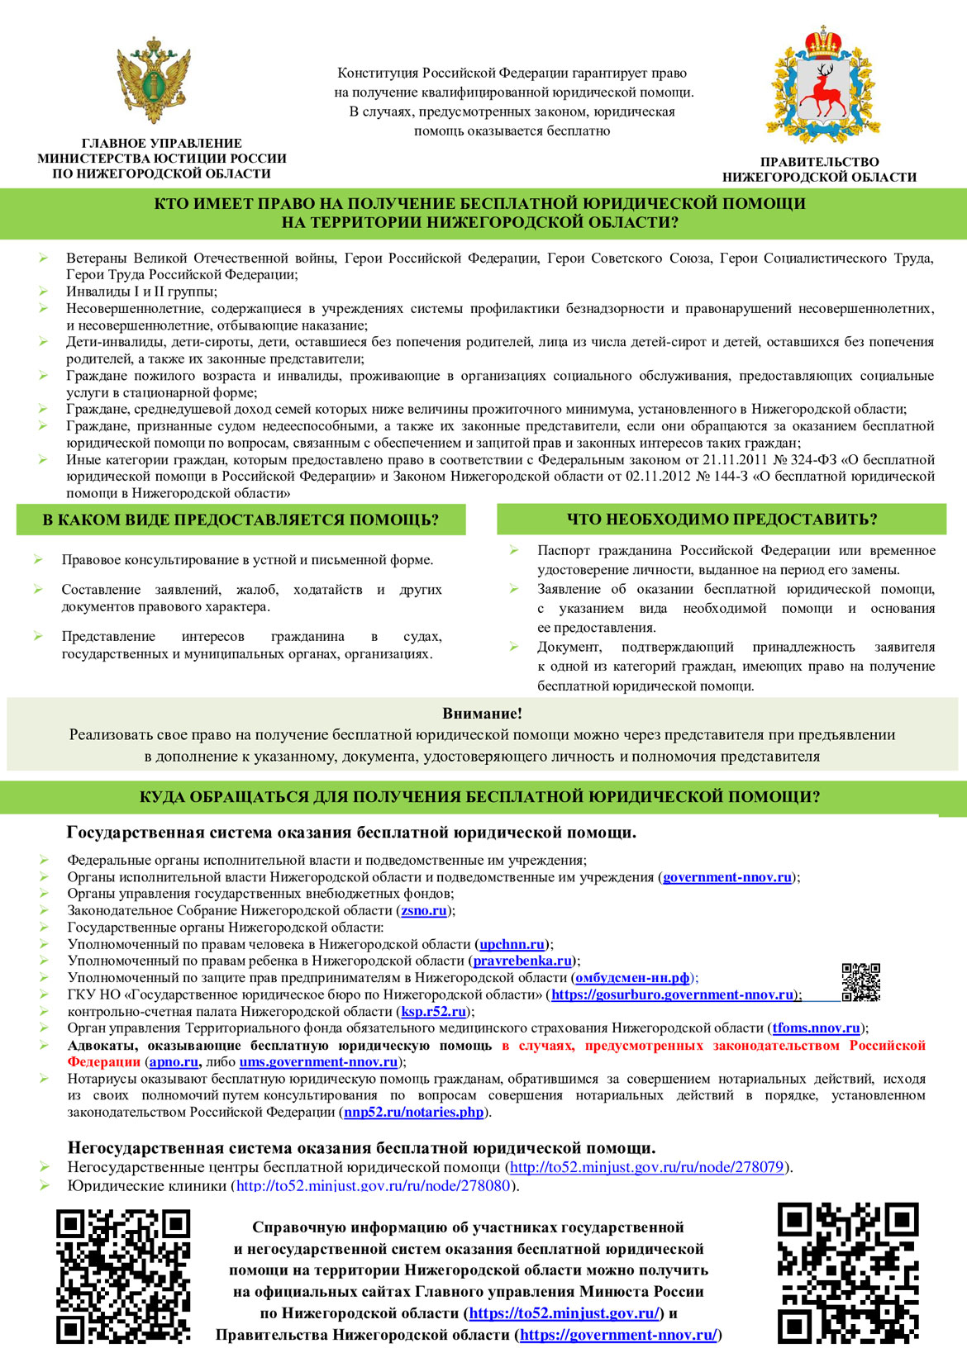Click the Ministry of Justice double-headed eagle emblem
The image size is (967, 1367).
tap(154, 80)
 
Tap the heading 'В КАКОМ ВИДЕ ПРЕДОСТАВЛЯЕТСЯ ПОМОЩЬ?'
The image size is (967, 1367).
tap(241, 520)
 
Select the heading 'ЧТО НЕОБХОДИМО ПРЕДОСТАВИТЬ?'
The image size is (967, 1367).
tap(722, 519)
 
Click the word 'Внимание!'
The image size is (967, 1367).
tap(482, 714)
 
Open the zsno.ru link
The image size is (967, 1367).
tap(424, 910)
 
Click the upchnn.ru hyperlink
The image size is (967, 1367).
tap(512, 944)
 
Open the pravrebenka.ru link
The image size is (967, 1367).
tap(522, 961)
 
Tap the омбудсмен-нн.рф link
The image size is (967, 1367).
tap(632, 978)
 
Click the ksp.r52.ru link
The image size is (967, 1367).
tap(434, 1011)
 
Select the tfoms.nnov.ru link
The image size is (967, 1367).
tap(817, 1028)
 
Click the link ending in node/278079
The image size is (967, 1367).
tap(646, 1167)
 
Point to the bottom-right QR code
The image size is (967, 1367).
tap(848, 1273)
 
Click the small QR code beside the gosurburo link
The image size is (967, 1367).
tap(860, 982)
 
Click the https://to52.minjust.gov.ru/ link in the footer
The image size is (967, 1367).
tap(564, 1313)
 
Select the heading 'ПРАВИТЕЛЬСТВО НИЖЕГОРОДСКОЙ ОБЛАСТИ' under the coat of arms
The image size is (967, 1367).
tap(819, 169)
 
